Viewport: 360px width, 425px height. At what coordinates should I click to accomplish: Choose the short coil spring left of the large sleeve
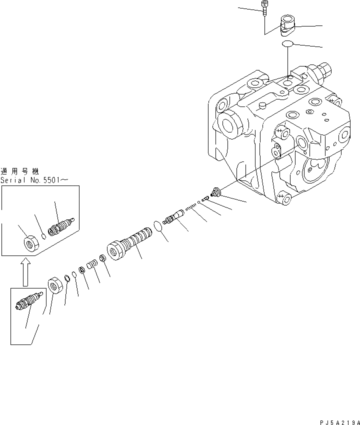point(91,263)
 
